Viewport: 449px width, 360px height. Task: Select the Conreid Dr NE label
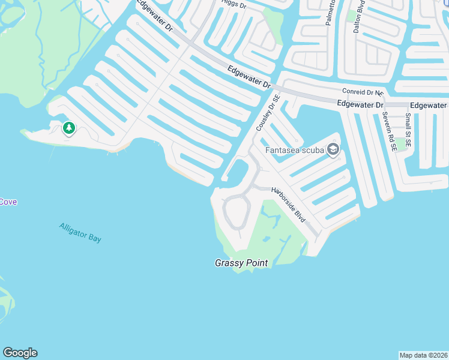tap(363, 92)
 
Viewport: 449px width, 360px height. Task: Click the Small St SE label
tap(408, 130)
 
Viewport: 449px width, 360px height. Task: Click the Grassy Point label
tap(241, 263)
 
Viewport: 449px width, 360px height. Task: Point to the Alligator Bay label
tap(80, 232)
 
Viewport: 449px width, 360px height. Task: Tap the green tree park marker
tap(69, 128)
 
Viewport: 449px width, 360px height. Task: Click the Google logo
tap(20, 353)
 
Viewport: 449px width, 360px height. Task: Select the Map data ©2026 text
tap(423, 355)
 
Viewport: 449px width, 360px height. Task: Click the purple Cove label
tap(8, 202)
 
